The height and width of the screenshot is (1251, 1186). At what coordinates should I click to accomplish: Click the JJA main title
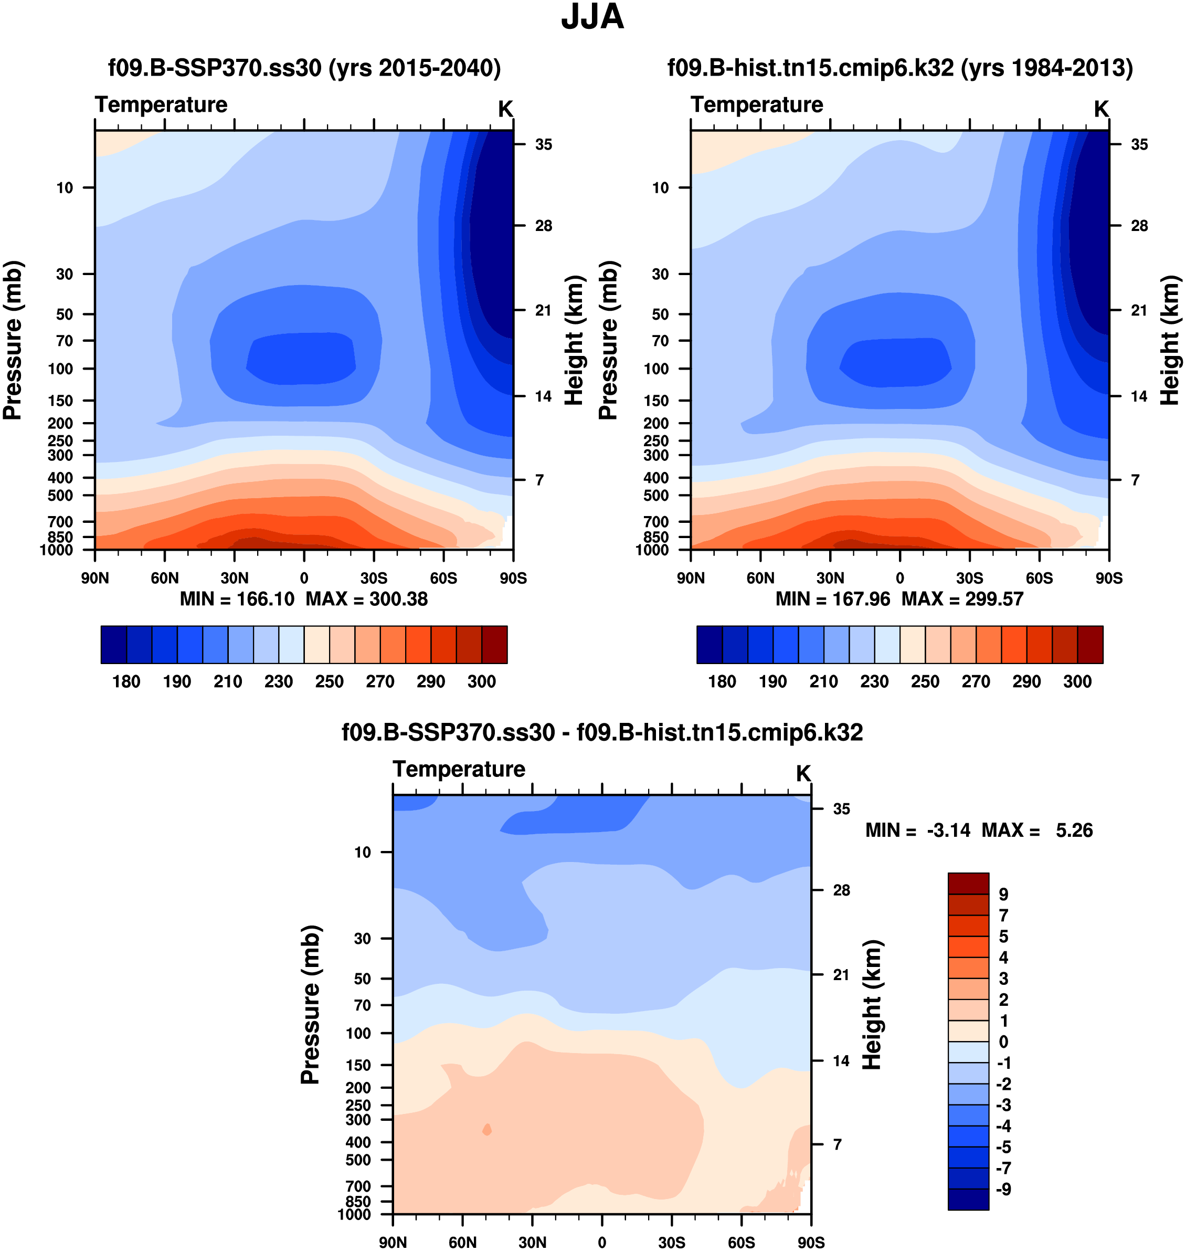[x=592, y=18]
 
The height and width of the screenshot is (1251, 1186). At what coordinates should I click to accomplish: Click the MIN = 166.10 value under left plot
[x=237, y=599]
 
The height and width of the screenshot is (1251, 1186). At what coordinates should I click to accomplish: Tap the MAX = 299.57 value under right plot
[x=962, y=599]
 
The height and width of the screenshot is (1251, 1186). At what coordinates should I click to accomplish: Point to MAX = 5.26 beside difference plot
[x=1037, y=831]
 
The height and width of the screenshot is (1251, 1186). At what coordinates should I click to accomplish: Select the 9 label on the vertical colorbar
[x=1003, y=895]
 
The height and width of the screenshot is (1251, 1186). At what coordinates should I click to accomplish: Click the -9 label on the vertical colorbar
[x=1003, y=1189]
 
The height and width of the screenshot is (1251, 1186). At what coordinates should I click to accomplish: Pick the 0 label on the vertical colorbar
[x=1003, y=1042]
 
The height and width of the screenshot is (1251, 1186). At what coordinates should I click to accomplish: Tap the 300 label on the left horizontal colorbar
[x=482, y=682]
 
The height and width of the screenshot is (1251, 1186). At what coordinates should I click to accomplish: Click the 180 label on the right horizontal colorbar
[x=722, y=682]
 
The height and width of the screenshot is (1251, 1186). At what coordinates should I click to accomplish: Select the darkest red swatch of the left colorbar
[x=494, y=645]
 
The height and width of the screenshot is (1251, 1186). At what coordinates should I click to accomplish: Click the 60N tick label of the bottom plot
[x=463, y=1242]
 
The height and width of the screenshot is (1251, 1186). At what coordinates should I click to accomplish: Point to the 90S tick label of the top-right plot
[x=1109, y=578]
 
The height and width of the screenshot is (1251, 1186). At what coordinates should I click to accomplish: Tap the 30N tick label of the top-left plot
[x=235, y=578]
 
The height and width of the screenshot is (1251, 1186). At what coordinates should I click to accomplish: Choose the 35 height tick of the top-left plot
[x=543, y=145]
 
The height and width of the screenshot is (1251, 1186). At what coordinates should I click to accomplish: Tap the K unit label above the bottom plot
[x=803, y=773]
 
